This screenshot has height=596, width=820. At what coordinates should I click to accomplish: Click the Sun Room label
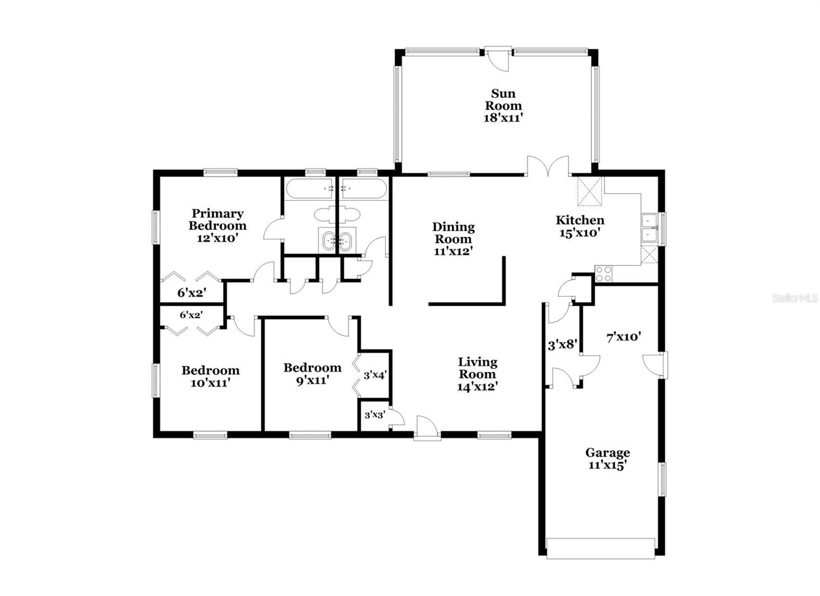[x=503, y=99]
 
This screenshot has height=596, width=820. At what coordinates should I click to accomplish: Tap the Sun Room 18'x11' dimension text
[x=503, y=118]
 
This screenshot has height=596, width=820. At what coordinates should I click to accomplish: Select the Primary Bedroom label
[x=217, y=219]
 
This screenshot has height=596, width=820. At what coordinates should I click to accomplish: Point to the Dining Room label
[x=454, y=233]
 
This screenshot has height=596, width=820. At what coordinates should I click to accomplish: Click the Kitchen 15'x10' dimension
[x=580, y=233]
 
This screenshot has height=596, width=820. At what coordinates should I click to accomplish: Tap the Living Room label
[x=478, y=368]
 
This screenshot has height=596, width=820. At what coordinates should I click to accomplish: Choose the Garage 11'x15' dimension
[x=608, y=465]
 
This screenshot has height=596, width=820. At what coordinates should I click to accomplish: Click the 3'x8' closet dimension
[x=563, y=344]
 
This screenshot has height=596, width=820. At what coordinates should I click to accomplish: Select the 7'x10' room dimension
[x=624, y=337]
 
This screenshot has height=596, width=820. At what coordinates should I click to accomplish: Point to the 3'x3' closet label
[x=374, y=415]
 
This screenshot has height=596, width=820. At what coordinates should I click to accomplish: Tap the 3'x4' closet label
[x=375, y=375]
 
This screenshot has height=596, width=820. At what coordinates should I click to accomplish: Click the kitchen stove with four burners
[x=603, y=274]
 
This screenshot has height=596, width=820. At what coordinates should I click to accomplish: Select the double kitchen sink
[x=650, y=229]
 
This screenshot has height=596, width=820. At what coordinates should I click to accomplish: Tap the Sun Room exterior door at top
[x=498, y=58]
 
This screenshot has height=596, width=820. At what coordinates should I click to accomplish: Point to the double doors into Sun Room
[x=548, y=166]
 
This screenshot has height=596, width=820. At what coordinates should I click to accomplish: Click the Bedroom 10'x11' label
[x=211, y=376]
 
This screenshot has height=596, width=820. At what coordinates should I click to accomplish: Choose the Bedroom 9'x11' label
[x=312, y=374]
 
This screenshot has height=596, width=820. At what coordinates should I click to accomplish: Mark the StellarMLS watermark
[x=794, y=298]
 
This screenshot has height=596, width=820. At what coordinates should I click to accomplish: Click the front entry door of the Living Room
[x=427, y=427]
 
